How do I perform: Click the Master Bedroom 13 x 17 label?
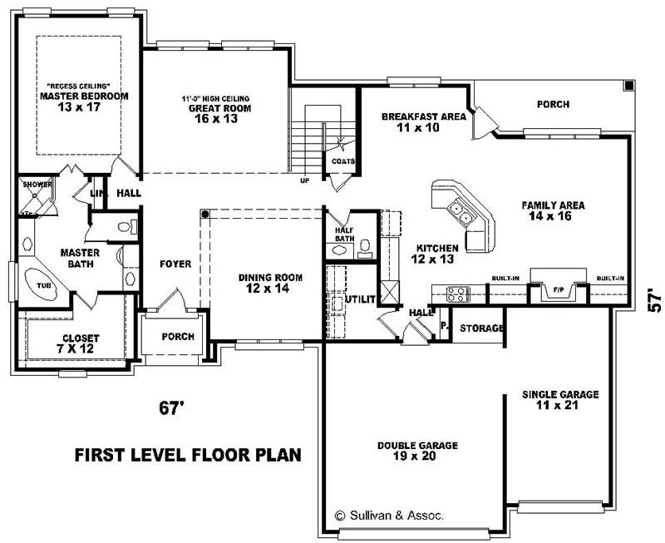(x=83, y=101)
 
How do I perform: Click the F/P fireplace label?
(x=559, y=291)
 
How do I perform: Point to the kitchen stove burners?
(x=458, y=293)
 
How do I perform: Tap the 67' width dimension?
(x=170, y=408)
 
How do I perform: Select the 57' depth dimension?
(x=654, y=300)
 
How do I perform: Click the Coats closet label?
(x=343, y=161)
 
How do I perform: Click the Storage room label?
(x=481, y=328)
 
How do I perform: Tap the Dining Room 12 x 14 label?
(x=269, y=283)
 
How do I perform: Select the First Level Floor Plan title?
(x=187, y=455)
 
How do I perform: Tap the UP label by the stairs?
(x=306, y=180)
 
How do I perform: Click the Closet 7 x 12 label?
(x=81, y=343)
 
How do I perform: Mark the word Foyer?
(x=175, y=264)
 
